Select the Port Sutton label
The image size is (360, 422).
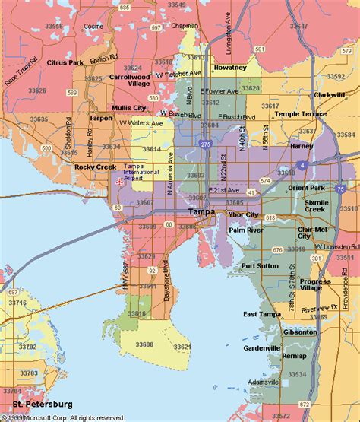pyautogui.click(x=260, y=266)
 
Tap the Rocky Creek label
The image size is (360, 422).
pyautogui.click(x=93, y=167)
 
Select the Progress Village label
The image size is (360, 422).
pyautogui.click(x=315, y=284)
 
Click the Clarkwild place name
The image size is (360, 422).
pyautogui.click(x=329, y=95)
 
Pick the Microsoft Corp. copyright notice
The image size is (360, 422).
pyautogui.click(x=65, y=417)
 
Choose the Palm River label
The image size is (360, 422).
pyautogui.click(x=246, y=229)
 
